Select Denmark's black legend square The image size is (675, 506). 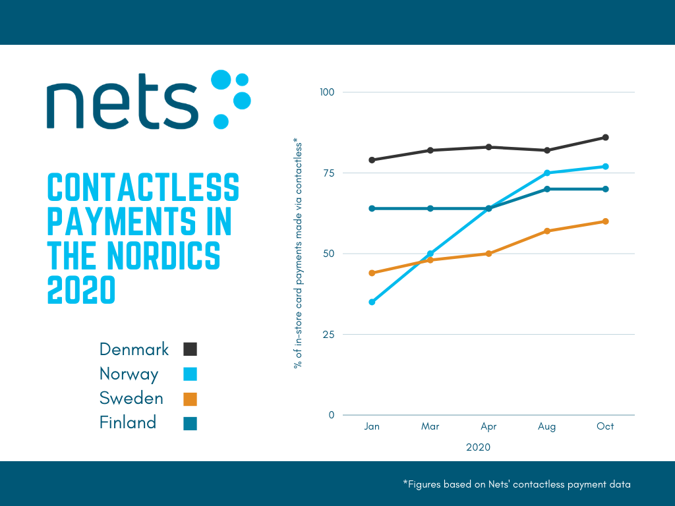pos(191,349)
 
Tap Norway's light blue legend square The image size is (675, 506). pos(191,374)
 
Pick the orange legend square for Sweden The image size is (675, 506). pos(191,399)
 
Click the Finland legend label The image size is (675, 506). pos(128,422)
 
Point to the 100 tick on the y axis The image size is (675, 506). pos(328,92)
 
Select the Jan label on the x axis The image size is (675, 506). pos(372,426)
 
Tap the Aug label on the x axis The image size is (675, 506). pos(546,426)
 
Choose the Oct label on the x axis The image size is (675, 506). pos(605,426)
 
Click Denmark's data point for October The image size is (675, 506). pos(605,137)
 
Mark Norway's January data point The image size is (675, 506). pos(372,302)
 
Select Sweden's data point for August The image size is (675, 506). pos(546,231)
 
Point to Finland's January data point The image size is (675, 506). pos(372,208)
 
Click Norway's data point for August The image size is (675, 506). pos(546,173)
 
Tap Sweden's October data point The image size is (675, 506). pos(605,221)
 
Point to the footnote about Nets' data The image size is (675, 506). pos(517,484)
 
